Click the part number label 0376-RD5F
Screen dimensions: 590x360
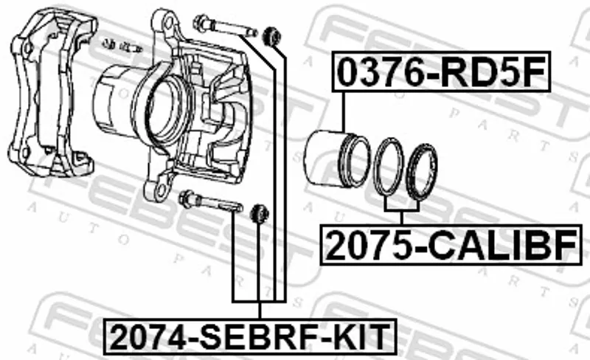click(x=441, y=72)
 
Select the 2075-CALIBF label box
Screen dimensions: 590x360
click(x=451, y=245)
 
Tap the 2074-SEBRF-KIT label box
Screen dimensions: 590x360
click(x=250, y=336)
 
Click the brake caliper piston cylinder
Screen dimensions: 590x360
click(x=337, y=157)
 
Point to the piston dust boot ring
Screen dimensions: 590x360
click(x=422, y=172)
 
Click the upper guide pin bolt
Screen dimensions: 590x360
click(x=225, y=27)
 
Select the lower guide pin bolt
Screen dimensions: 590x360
click(x=210, y=201)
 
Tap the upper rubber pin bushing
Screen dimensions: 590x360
click(x=271, y=35)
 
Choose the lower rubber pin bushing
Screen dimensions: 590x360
click(x=260, y=213)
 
